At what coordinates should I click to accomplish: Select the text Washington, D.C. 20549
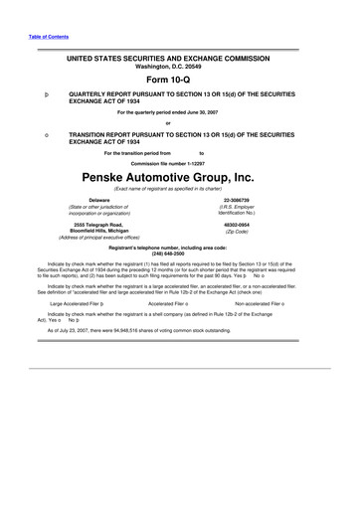pos(179,68)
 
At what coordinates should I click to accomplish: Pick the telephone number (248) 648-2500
pos(179,252)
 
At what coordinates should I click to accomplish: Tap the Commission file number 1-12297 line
pos(180,162)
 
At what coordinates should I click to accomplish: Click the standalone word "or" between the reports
pos(180,123)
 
